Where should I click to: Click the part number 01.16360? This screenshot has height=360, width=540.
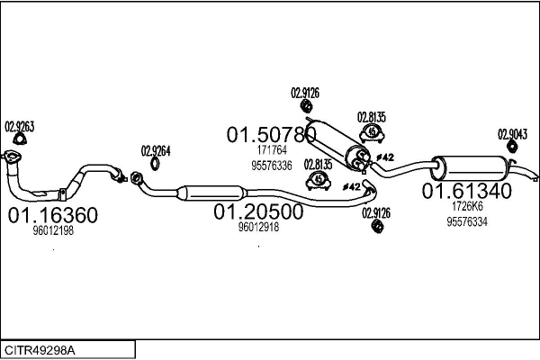(53, 216)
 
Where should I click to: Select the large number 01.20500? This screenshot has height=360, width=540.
(258, 211)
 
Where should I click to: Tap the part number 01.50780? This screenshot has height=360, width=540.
(271, 135)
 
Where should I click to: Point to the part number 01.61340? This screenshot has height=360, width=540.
(467, 191)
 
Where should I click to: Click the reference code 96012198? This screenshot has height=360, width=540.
(53, 232)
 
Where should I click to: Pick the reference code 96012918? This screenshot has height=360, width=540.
(258, 228)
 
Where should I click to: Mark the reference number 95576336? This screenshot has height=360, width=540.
(271, 166)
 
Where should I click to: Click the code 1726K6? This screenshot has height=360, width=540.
(466, 206)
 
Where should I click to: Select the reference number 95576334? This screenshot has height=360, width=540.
(466, 221)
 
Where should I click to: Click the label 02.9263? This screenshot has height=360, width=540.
(20, 126)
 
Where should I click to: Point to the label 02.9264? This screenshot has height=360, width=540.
(155, 150)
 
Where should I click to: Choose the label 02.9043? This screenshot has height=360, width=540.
(512, 133)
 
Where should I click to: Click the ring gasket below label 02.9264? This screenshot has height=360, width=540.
(155, 164)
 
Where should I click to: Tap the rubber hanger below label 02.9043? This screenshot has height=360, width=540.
(513, 148)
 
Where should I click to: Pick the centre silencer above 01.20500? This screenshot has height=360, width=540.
(213, 192)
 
